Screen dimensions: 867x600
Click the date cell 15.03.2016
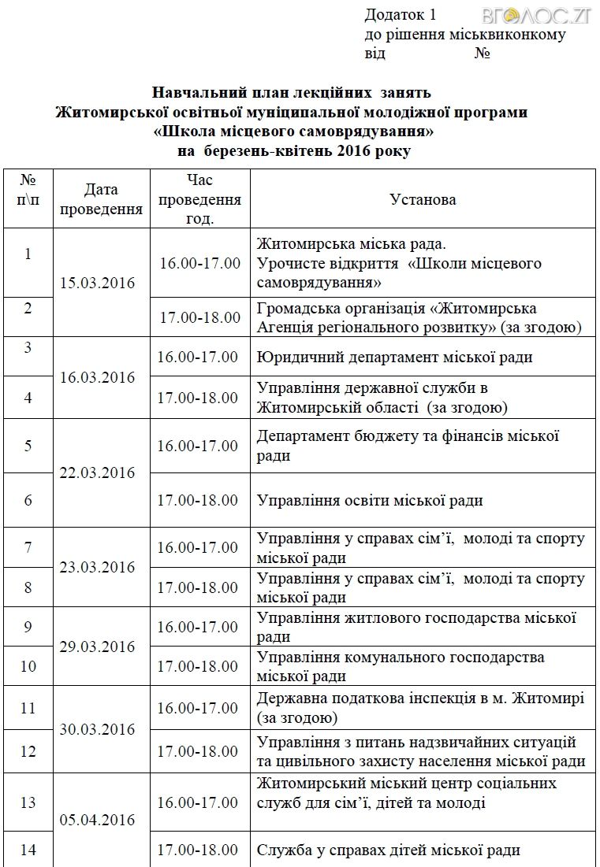[x=98, y=283]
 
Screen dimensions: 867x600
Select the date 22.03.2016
[x=98, y=473]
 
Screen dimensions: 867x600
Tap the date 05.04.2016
[x=98, y=821]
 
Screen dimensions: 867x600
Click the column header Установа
[x=423, y=199]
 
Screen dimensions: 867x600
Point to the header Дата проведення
[x=101, y=199]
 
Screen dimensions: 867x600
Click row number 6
[x=28, y=500]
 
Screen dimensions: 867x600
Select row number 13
[x=28, y=802]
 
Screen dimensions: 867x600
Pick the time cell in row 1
[x=200, y=263]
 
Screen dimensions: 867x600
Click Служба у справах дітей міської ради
[x=389, y=850]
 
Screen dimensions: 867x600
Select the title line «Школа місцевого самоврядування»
[x=293, y=131]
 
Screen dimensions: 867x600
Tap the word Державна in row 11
[x=289, y=698]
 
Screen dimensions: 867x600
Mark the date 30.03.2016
[x=98, y=729]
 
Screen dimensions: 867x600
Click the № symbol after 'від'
[x=483, y=54]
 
